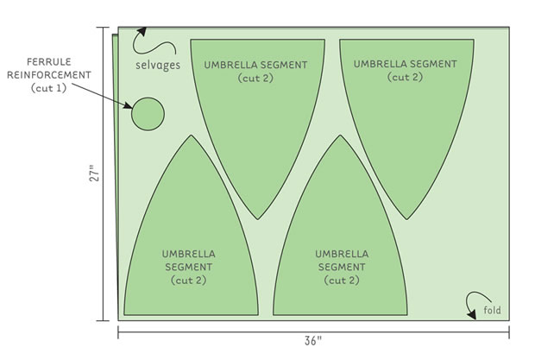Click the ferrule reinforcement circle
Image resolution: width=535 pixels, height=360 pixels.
tap(148, 113)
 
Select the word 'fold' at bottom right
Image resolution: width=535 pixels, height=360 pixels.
tap(492, 311)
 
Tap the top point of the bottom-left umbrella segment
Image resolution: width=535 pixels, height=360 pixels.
tap(189, 136)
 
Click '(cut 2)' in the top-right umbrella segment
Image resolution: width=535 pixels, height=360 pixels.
tap(405, 77)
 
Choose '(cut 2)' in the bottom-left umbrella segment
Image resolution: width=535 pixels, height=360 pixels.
tap(188, 281)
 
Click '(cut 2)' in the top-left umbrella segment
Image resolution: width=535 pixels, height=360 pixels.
tap(256, 77)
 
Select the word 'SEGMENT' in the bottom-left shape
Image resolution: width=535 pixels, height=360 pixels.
tap(188, 268)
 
